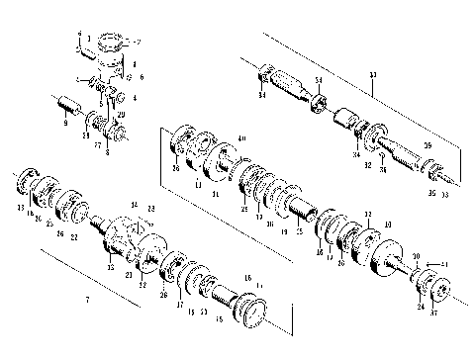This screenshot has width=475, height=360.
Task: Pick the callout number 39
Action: [x=428, y=145]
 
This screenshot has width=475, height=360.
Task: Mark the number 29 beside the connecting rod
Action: [x=121, y=116]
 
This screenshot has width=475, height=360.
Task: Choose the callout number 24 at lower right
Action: [x=421, y=307]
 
